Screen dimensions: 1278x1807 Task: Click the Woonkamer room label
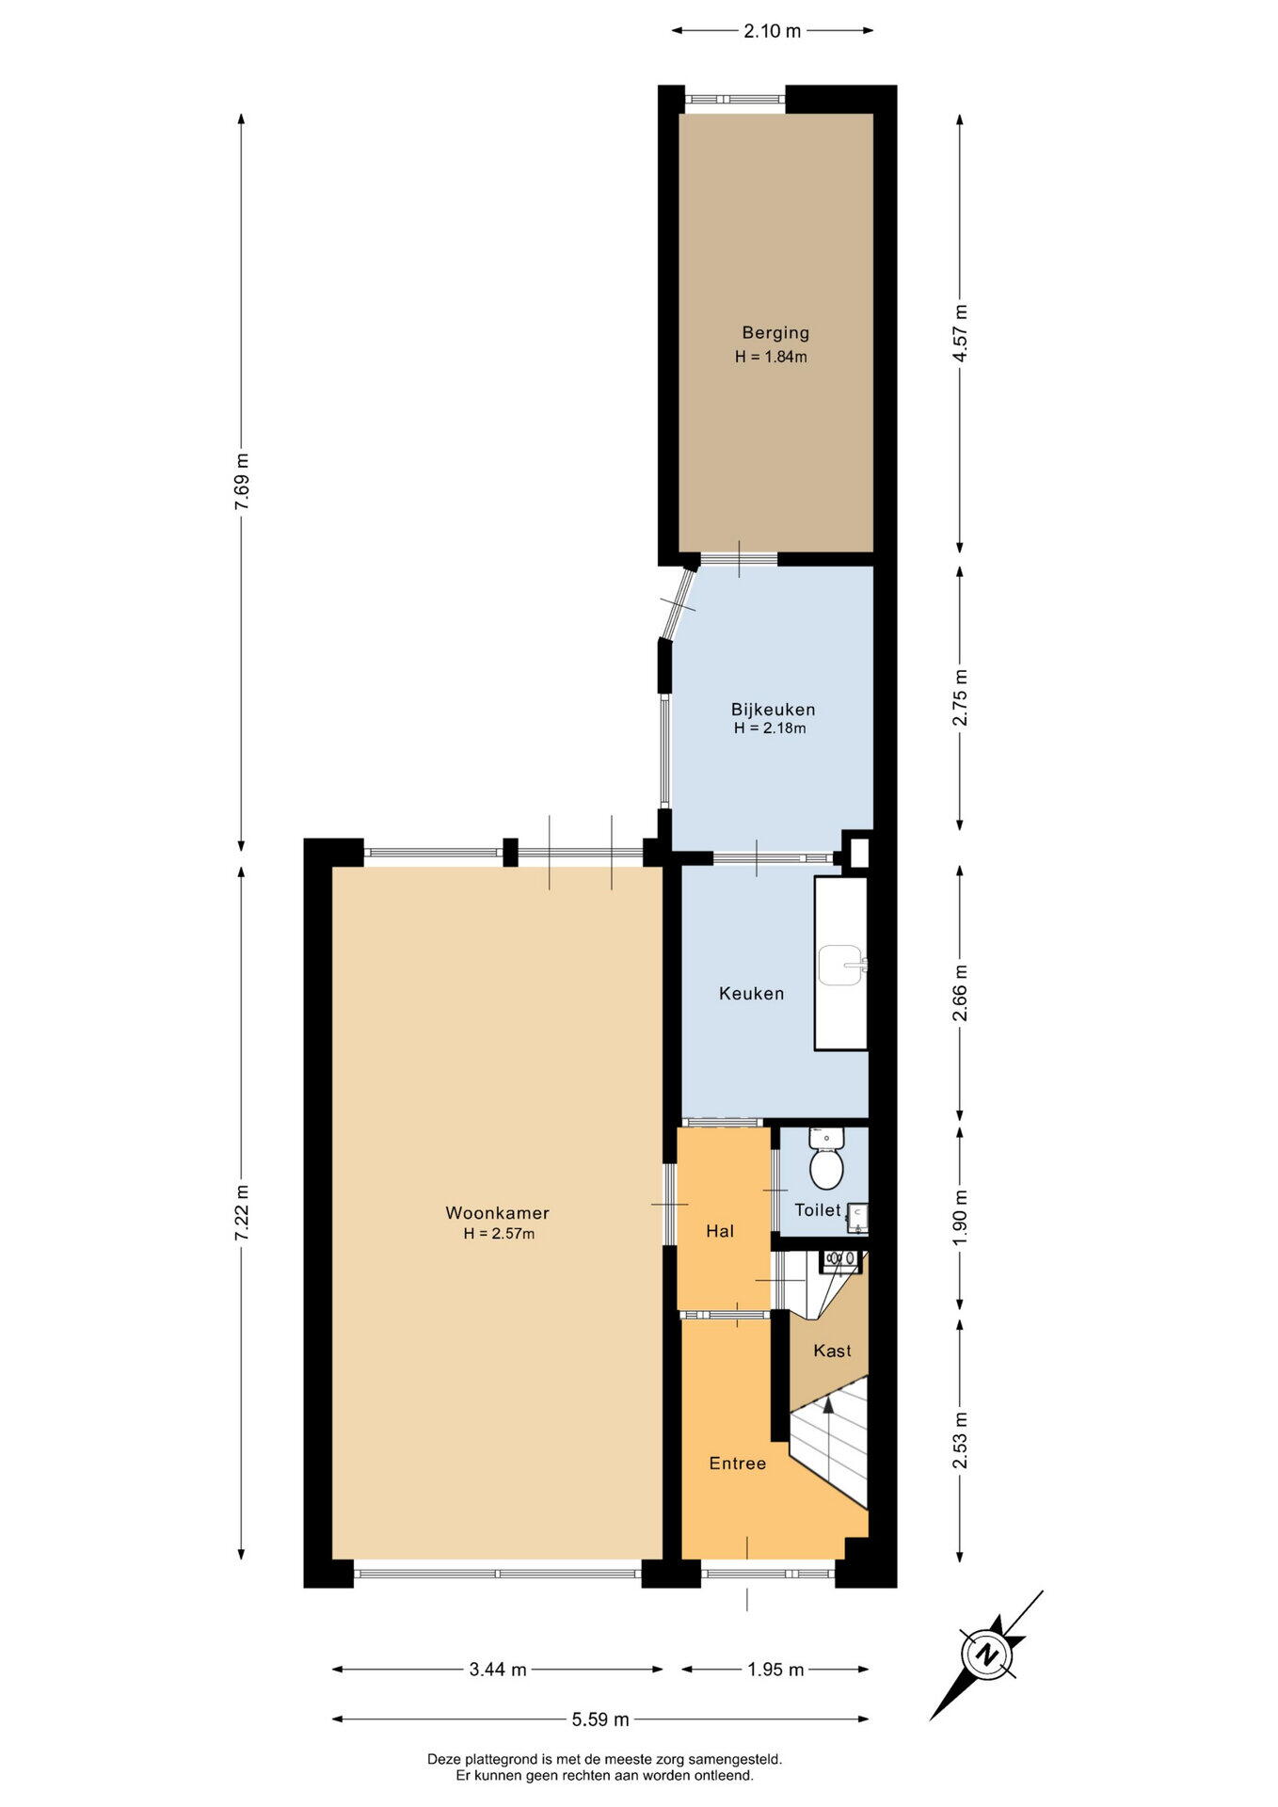tap(497, 1213)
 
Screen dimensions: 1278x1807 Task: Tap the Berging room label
tap(775, 332)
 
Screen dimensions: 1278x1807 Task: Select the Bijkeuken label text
tap(773, 710)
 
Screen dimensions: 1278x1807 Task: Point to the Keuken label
tap(751, 993)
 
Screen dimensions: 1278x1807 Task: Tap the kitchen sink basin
tap(840, 965)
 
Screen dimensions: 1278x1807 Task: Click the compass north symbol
tap(987, 1653)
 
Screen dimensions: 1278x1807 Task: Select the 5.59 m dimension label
tap(599, 1719)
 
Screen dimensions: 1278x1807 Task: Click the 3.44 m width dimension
tap(497, 1670)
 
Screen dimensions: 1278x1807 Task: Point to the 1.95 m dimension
tap(775, 1670)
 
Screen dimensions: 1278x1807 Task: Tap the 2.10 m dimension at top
tap(772, 31)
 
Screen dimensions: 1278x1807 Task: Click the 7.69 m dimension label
tap(242, 482)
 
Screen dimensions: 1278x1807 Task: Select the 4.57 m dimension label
tap(959, 333)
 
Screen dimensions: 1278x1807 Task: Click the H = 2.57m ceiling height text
tap(499, 1234)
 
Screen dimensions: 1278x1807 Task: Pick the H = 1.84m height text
tap(772, 357)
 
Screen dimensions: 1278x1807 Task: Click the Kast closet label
tap(832, 1351)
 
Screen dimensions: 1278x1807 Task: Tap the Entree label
tap(738, 1463)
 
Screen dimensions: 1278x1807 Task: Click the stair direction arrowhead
tap(828, 1403)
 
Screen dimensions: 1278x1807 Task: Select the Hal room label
tap(720, 1231)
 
